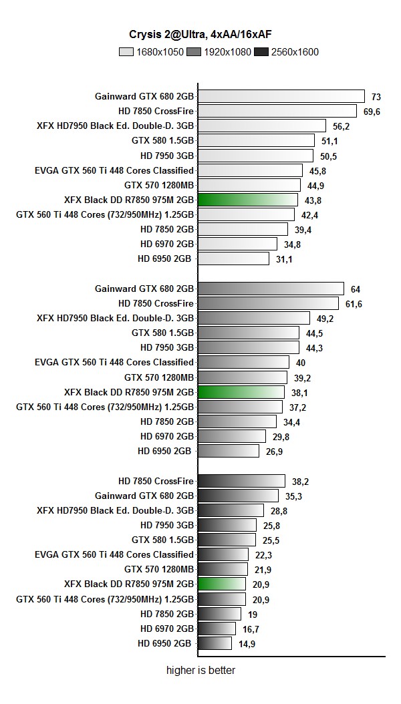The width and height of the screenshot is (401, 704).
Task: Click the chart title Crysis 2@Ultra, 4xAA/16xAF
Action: pyautogui.click(x=200, y=34)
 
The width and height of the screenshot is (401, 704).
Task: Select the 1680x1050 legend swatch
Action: pyautogui.click(x=126, y=51)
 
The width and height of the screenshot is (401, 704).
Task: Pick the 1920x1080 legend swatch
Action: pyautogui.click(x=194, y=51)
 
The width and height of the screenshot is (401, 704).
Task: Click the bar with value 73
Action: pyautogui.click(x=281, y=96)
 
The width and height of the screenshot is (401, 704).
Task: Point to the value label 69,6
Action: pyautogui.click(x=372, y=112)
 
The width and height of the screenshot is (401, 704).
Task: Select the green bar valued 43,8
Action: pyautogui.click(x=248, y=200)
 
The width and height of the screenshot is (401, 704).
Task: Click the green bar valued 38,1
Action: pyautogui.click(x=241, y=392)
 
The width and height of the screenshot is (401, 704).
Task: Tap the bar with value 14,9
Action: pyautogui.click(x=215, y=643)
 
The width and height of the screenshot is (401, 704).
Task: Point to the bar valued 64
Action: pyautogui.click(x=271, y=289)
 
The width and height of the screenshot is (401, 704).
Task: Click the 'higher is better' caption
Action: pyautogui.click(x=200, y=670)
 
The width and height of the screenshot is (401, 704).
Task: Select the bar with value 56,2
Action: pyautogui.click(x=262, y=126)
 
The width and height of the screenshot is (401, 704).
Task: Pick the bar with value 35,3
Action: pyautogui.click(x=239, y=496)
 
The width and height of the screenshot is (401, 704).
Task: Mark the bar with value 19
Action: pyautogui.click(x=220, y=614)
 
